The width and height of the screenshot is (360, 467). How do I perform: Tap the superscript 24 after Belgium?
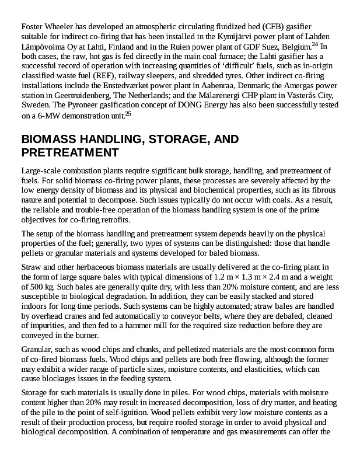point(314,44)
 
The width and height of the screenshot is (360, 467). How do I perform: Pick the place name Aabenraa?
point(208,86)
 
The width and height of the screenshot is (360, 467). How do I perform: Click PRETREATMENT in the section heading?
point(70,153)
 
